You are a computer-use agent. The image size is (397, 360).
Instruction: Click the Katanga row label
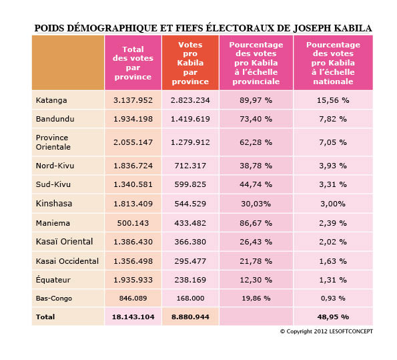point(51,100)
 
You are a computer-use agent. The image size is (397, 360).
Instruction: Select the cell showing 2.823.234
point(190,100)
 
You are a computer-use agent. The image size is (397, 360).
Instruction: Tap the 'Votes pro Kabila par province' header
point(190,63)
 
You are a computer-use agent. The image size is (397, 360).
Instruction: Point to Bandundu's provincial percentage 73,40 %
point(256,119)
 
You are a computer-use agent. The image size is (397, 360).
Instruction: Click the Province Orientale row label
point(53,142)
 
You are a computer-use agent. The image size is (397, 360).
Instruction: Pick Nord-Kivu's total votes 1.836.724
point(133,166)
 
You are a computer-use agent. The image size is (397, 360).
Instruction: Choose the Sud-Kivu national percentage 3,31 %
point(333,184)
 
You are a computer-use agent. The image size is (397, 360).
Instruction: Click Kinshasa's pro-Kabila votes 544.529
point(190,204)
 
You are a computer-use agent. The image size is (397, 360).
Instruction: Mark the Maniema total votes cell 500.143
point(133,223)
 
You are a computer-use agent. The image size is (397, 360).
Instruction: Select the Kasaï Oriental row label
point(64,242)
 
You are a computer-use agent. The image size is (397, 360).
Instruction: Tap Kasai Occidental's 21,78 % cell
point(256,261)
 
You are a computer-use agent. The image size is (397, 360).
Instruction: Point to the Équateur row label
point(53,280)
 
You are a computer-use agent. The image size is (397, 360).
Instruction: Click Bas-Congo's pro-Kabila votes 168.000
point(190,298)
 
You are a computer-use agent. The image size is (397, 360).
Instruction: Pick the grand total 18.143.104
point(133,317)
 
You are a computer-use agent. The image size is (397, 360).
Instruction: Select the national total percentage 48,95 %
point(333,317)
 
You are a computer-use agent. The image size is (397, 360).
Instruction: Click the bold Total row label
point(45,317)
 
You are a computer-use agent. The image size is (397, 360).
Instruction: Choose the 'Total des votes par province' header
point(133,63)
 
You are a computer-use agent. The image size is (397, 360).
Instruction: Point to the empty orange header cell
point(68,63)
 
